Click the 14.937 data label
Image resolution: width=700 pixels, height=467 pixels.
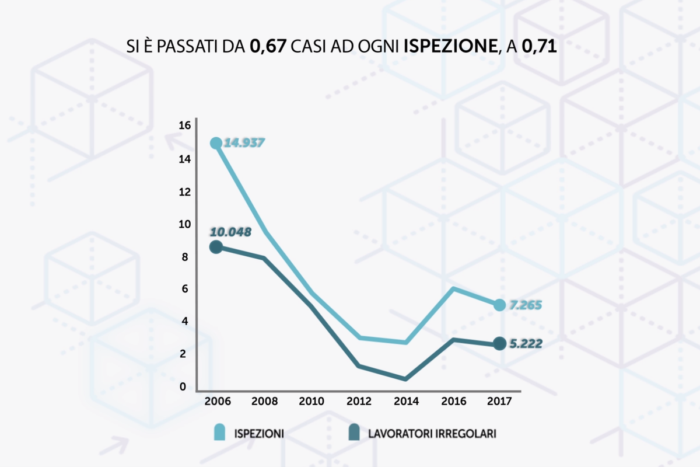coord(245,142)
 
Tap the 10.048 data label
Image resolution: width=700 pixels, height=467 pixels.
coord(230,232)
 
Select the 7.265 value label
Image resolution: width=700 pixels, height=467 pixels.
coord(526,305)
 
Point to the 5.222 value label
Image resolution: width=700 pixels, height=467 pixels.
coord(526,344)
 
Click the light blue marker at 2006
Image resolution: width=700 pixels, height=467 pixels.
coord(216,143)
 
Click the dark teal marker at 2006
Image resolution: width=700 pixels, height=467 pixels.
coord(216,247)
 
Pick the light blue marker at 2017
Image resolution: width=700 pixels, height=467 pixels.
coord(499,305)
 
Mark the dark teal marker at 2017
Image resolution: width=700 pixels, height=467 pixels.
coord(499,344)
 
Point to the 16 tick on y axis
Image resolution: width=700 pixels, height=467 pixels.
coord(185,125)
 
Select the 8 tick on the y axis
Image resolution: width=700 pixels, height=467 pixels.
coord(185,257)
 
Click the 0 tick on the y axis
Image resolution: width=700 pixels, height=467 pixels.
coord(185,386)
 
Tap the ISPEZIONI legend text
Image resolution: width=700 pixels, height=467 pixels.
coord(259,434)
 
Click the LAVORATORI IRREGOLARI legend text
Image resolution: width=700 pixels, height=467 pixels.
coord(432,434)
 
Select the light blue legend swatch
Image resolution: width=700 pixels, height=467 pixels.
coord(220,433)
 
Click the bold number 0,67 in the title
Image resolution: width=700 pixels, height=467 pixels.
coord(267,46)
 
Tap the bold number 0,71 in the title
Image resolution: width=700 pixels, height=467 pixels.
coord(540,46)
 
